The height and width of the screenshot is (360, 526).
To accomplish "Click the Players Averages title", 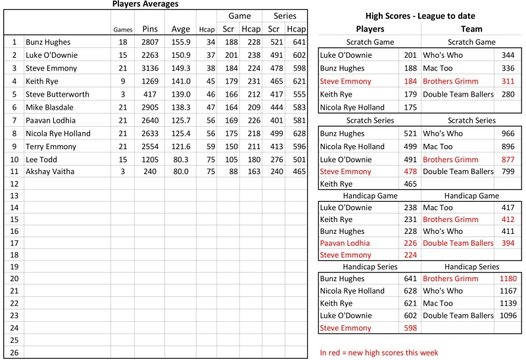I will (x=145, y=4).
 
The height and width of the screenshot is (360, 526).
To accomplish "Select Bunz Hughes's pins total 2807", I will (x=149, y=42).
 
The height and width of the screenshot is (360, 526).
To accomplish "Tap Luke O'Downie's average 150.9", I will (x=181, y=55).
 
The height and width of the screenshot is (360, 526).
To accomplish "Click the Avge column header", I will (x=181, y=29).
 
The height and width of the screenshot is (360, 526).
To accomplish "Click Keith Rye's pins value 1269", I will (x=149, y=81).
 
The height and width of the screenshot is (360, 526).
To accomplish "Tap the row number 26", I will (x=13, y=352).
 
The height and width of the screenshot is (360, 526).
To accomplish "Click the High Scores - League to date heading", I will (x=419, y=16).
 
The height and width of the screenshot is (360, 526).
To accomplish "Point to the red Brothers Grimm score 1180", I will (x=509, y=279).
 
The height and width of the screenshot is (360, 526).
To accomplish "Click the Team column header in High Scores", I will (x=471, y=29).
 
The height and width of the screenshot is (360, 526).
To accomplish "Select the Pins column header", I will (x=149, y=29).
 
